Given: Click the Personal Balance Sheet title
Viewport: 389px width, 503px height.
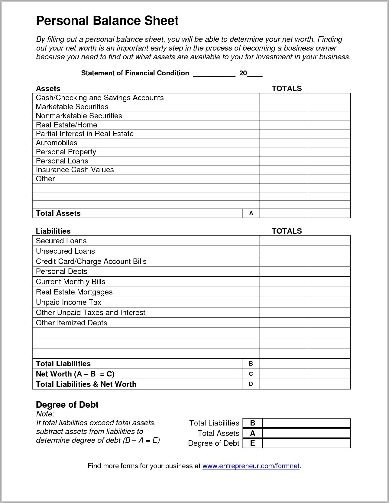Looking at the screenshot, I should tap(107, 21).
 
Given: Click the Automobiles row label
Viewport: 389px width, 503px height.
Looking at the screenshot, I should tap(57, 143).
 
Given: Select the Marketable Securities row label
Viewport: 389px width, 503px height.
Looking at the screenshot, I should tap(72, 107).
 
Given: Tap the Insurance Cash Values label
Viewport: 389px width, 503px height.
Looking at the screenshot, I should tap(75, 170).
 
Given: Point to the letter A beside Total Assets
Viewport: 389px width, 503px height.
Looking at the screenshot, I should tap(251, 213).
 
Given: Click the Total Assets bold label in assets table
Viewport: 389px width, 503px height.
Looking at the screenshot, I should tap(58, 213).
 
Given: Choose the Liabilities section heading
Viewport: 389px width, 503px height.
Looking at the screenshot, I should tap(53, 231).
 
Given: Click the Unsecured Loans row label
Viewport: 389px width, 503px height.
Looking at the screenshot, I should tap(65, 251).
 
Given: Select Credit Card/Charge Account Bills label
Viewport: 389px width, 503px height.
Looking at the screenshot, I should tap(91, 261).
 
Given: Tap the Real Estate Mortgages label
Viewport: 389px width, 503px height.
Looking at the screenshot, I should tap(74, 292).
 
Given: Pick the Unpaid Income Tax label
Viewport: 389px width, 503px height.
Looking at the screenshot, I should tap(68, 302).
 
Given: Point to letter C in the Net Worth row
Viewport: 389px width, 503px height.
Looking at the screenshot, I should tap(251, 374).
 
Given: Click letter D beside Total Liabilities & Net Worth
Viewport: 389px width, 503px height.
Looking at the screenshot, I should tap(251, 384).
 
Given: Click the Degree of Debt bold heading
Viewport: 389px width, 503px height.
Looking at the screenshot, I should tap(67, 405).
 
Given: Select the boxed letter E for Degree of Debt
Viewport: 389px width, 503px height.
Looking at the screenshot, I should tap(252, 443).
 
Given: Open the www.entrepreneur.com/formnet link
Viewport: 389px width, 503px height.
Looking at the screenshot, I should tap(251, 466).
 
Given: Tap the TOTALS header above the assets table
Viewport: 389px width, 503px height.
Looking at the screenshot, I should tap(287, 89).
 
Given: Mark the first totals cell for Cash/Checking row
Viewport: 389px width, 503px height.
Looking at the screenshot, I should tap(284, 98).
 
